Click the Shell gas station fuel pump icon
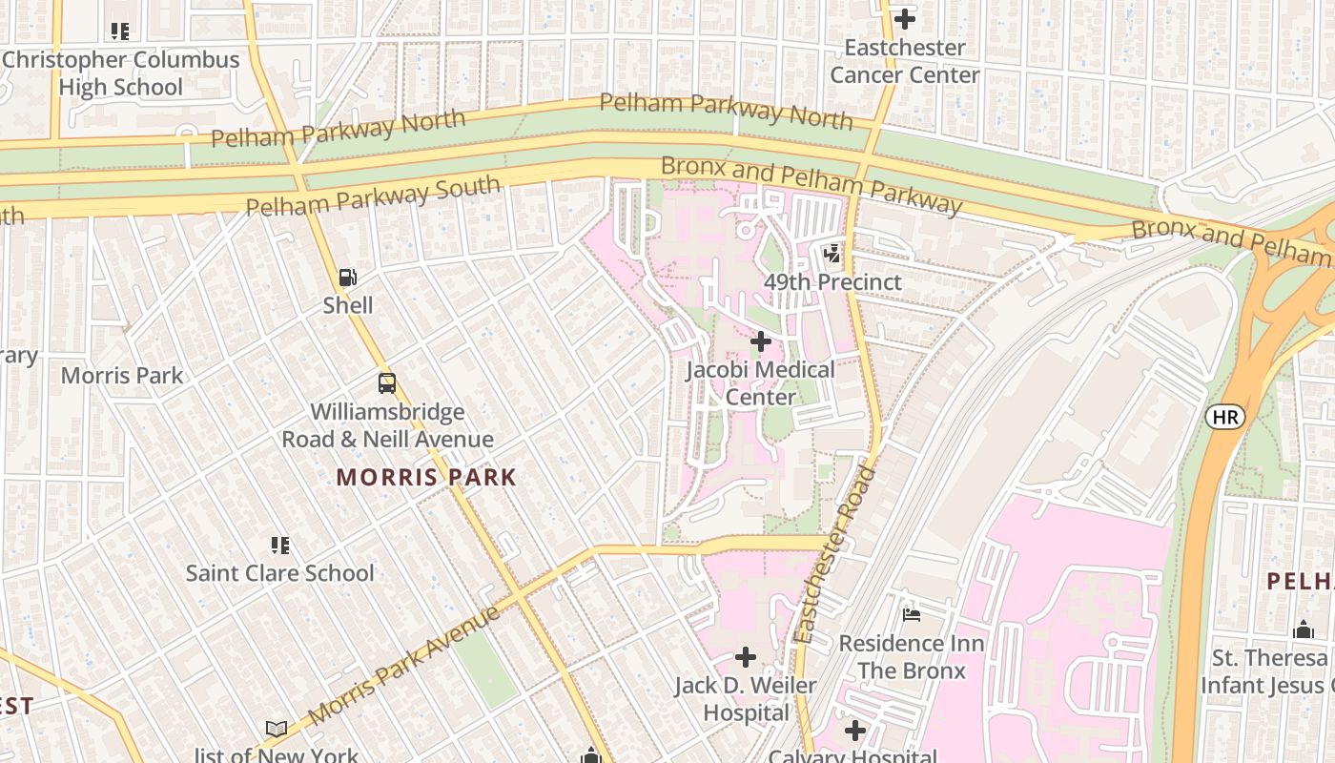[348, 278]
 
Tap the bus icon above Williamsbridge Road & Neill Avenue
[386, 383]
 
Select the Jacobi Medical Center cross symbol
[760, 340]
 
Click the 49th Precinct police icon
[832, 254]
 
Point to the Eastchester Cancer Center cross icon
[904, 18]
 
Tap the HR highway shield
[1224, 417]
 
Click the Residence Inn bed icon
[911, 615]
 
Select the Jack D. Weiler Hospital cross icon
[746, 657]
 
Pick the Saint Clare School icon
[279, 546]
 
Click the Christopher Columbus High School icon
[119, 31]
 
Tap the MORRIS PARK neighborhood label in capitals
[426, 478]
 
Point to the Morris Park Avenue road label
[404, 666]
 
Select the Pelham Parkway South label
[373, 196]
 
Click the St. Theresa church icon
[1303, 629]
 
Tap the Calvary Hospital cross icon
[855, 732]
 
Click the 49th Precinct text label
[832, 282]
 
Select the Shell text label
[348, 305]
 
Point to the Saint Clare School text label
[279, 573]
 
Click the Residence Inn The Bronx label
[911, 657]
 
